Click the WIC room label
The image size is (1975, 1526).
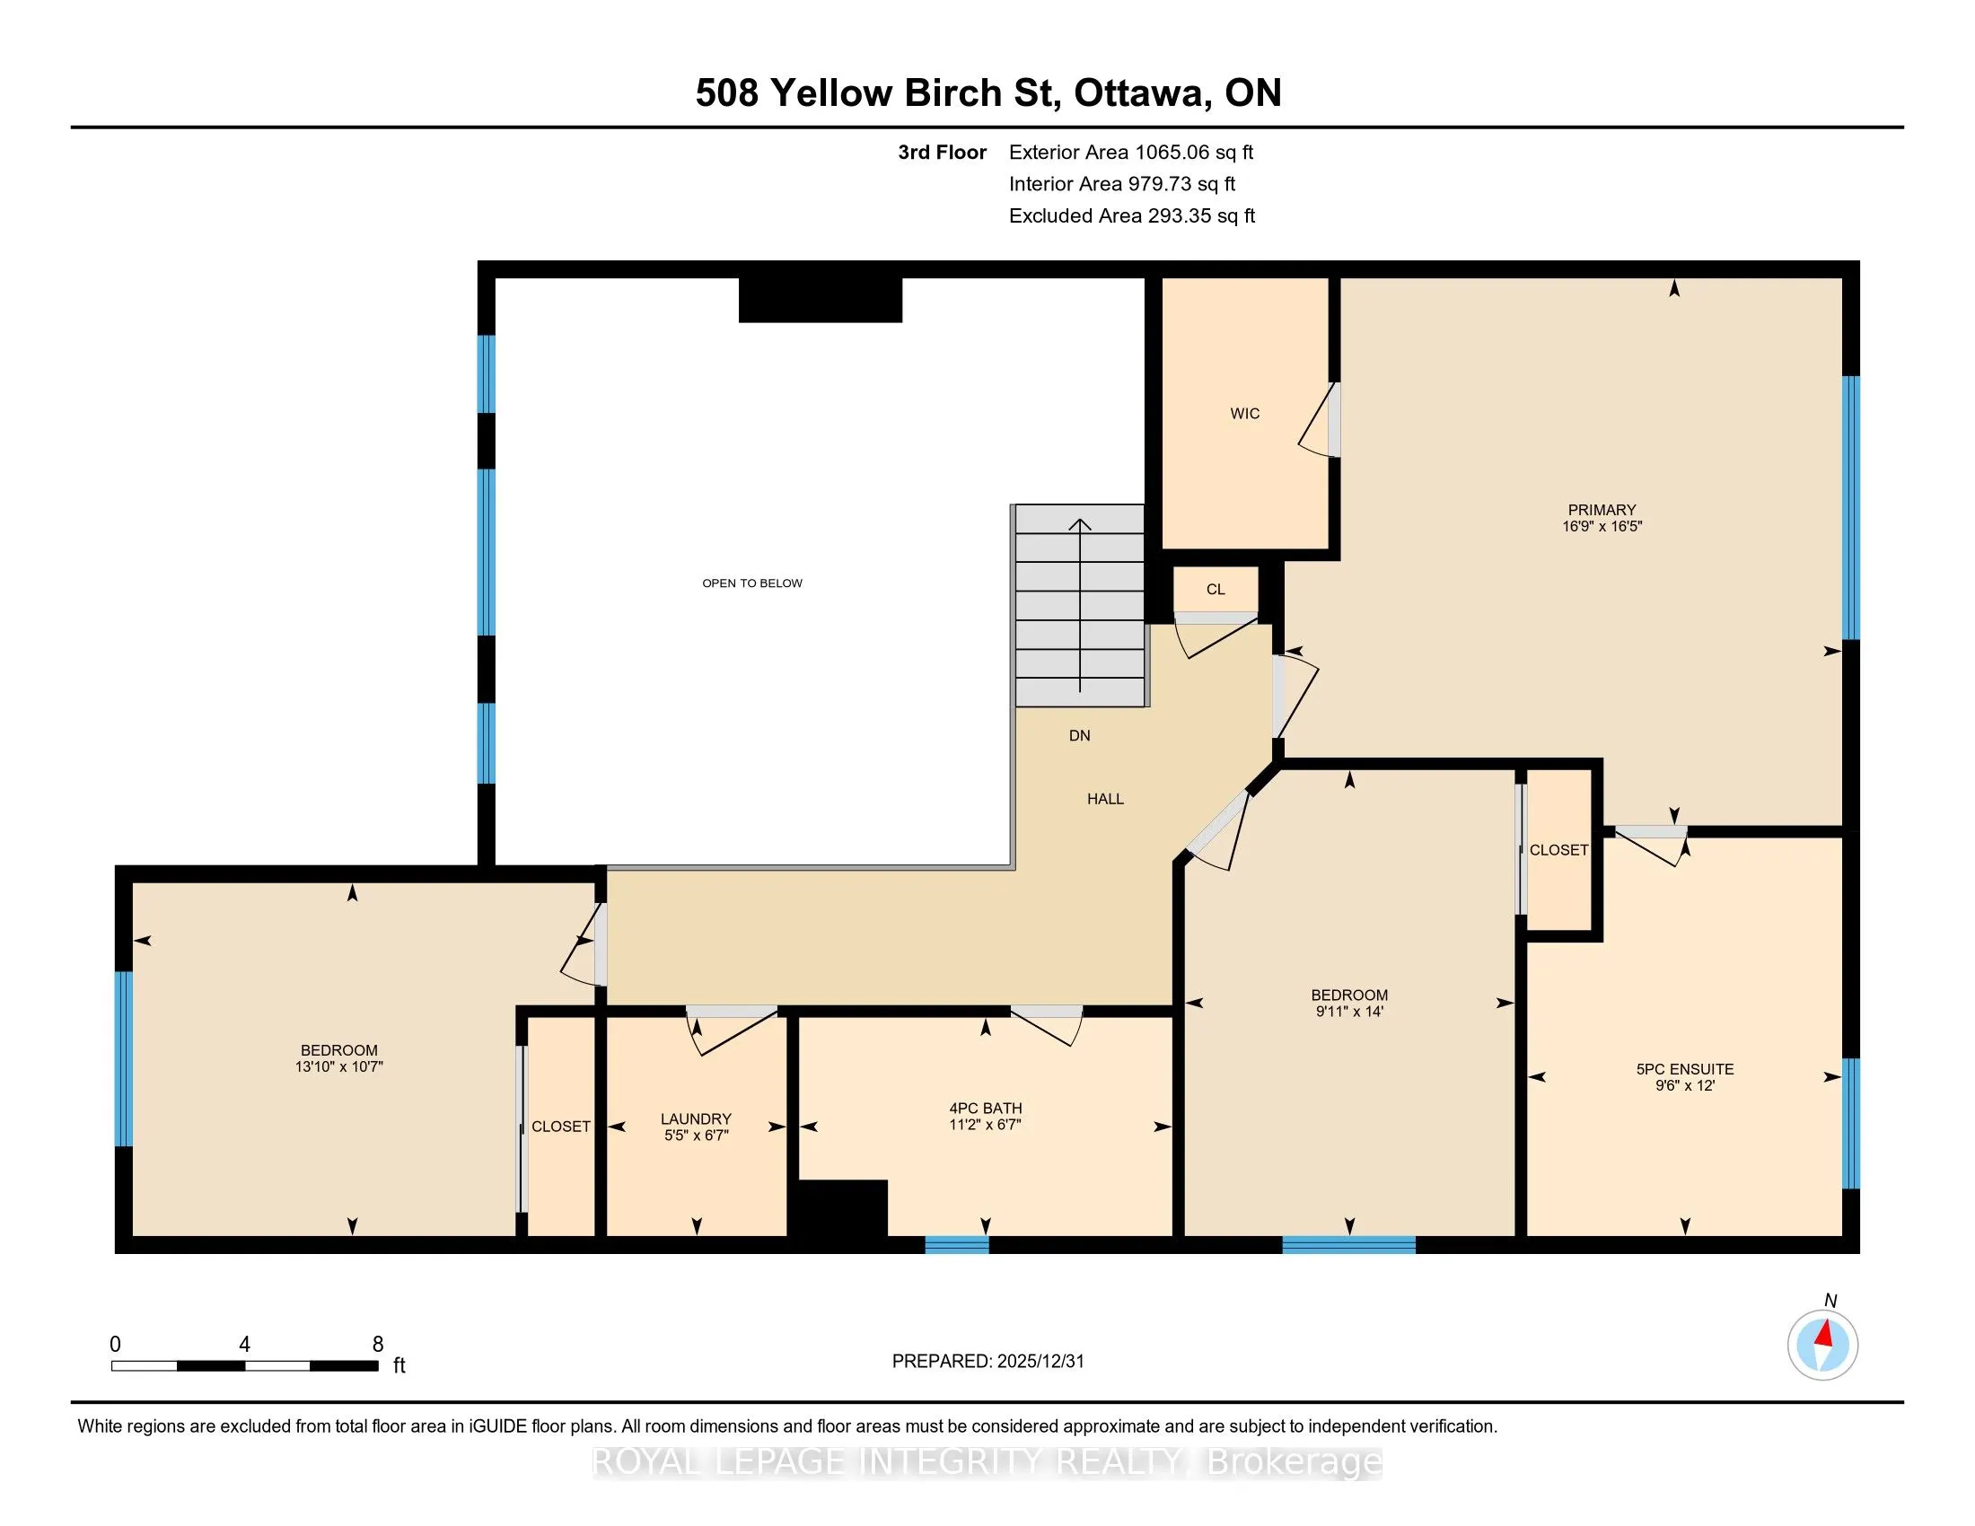(1244, 413)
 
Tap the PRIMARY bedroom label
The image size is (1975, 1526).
(1602, 510)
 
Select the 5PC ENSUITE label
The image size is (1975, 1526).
(1685, 1068)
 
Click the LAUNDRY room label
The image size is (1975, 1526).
(696, 1118)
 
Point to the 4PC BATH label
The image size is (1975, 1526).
(985, 1109)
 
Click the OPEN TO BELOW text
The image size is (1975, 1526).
(752, 583)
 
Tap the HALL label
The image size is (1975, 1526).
(1105, 799)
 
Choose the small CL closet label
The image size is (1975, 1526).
(1216, 590)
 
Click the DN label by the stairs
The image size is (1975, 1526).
(1080, 736)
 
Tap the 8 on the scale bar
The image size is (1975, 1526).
(378, 1345)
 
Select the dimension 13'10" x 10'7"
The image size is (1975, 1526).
(339, 1066)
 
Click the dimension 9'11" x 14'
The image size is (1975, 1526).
(1349, 1012)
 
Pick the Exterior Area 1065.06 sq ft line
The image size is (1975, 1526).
(1131, 153)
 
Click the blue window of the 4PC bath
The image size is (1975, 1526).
(957, 1244)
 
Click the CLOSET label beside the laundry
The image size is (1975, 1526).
(561, 1127)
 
